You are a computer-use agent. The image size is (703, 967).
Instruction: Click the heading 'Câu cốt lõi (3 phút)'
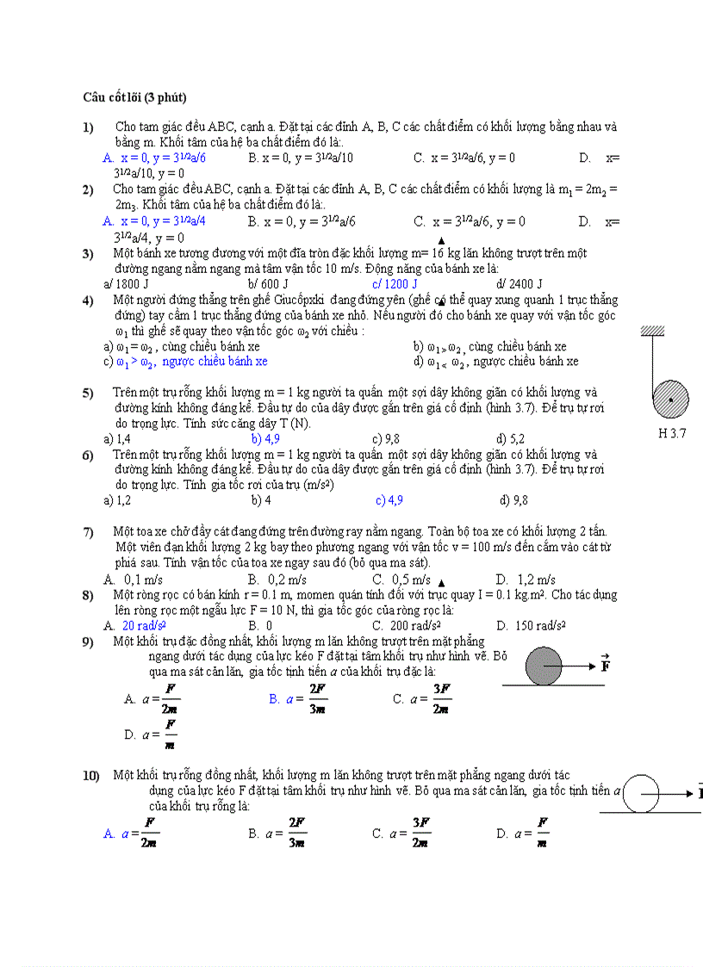[135, 96]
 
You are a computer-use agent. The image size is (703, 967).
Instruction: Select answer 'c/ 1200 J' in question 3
[395, 284]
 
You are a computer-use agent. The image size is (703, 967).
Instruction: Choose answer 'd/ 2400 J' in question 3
[519, 284]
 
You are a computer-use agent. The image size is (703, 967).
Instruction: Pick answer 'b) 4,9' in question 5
[265, 438]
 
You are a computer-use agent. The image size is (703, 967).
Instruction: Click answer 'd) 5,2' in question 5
[510, 438]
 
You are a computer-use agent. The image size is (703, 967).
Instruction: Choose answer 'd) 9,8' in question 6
[513, 500]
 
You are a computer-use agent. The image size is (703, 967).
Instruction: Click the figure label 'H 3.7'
[672, 434]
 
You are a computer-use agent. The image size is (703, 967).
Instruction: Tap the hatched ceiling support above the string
[652, 331]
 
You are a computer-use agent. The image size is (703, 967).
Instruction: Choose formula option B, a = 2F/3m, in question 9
[298, 698]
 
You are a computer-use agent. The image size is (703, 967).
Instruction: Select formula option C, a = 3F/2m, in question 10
[401, 833]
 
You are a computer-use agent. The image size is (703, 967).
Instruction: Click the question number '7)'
[88, 532]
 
